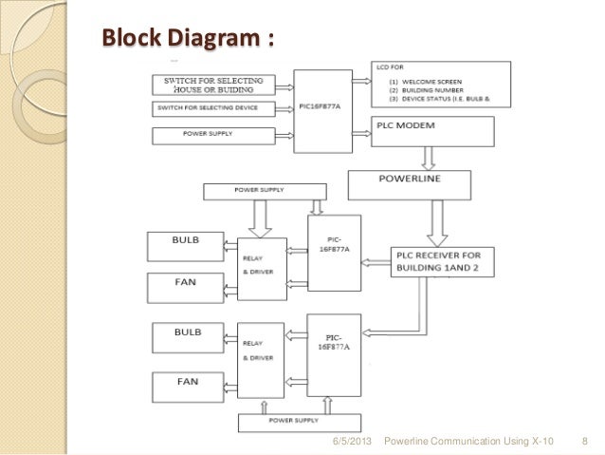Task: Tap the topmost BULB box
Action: coord(186,244)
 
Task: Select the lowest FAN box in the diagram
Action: coord(186,386)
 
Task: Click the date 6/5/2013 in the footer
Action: coord(352,442)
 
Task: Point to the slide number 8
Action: coord(585,442)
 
